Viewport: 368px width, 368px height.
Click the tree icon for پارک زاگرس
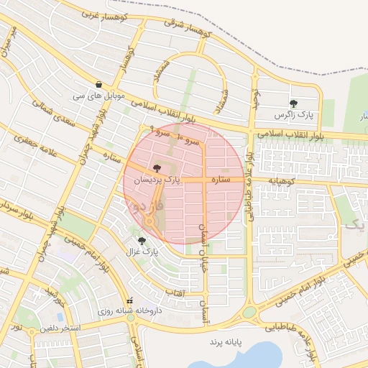[x=293, y=103]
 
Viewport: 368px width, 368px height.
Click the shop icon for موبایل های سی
[x=98, y=84]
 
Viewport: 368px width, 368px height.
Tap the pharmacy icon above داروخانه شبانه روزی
[x=129, y=300]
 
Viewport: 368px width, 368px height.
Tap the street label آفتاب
[x=175, y=293]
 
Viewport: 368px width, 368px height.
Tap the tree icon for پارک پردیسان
[x=157, y=167]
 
